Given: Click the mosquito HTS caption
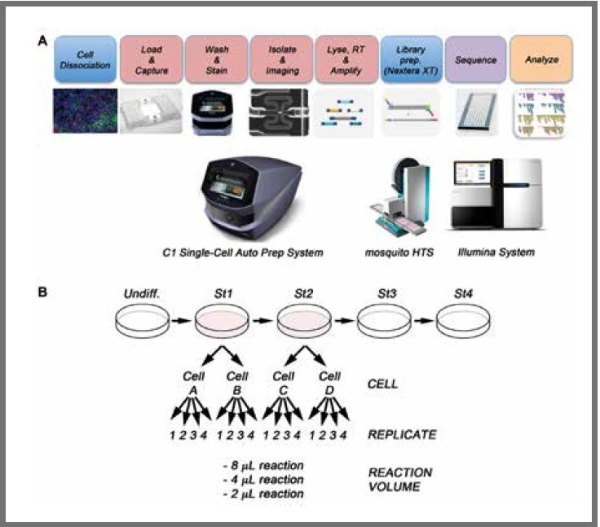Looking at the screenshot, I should tap(402, 253).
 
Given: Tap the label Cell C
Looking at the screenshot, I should tap(284, 382).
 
